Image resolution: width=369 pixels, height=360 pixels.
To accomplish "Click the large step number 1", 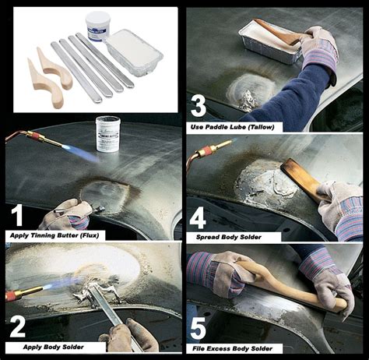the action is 17,216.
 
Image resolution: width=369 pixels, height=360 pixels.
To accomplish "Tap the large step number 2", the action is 18,327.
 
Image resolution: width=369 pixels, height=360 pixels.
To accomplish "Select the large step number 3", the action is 199,106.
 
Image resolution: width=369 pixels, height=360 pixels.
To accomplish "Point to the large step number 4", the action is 198,219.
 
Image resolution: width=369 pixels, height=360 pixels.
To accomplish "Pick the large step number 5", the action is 199,330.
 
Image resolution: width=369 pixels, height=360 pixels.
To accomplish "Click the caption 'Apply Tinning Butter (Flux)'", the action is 54,235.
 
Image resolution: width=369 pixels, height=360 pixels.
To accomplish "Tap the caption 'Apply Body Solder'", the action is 54,347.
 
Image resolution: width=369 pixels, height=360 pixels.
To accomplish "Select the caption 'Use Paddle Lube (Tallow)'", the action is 232,127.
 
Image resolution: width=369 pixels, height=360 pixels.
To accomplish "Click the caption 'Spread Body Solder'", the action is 229,237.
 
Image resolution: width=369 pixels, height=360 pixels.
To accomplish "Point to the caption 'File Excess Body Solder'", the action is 233,348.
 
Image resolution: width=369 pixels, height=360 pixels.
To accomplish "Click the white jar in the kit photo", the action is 98,27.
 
